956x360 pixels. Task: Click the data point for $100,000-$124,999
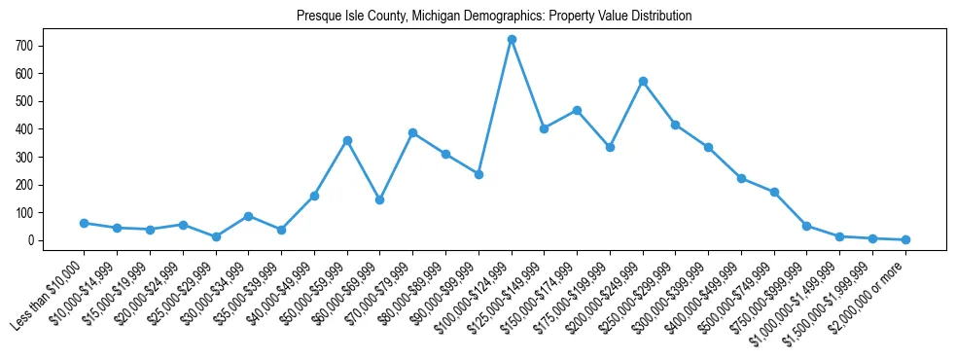coord(512,39)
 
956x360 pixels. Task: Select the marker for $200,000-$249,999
coord(643,81)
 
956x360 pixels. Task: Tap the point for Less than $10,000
coord(85,223)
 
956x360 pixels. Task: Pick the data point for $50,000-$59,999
coord(347,140)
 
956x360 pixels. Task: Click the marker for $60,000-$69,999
coord(380,199)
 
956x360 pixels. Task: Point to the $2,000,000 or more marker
coord(905,239)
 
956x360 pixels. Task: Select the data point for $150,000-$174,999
coord(578,110)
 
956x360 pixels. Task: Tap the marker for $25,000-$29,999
coord(216,236)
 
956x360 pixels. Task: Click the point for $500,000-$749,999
coord(774,192)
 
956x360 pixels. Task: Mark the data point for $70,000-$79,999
coord(413,132)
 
